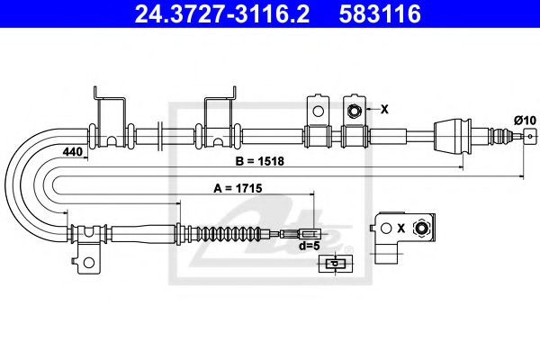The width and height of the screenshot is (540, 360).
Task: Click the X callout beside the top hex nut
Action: (x=384, y=110)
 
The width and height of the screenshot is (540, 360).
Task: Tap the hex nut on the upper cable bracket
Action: (x=355, y=111)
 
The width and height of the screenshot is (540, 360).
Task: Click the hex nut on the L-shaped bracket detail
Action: (x=419, y=228)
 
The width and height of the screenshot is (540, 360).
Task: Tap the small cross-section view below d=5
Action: (x=333, y=263)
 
